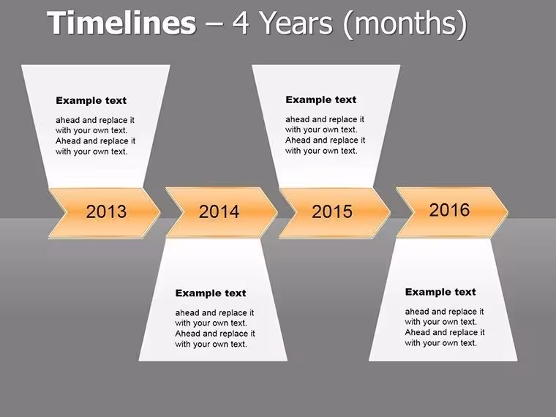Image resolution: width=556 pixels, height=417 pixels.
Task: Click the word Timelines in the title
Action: click(x=121, y=23)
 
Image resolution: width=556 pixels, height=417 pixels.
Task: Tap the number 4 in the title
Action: click(x=241, y=23)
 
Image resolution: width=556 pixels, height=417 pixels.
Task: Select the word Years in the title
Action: click(x=297, y=23)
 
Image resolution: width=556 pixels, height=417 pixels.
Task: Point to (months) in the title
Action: click(x=405, y=24)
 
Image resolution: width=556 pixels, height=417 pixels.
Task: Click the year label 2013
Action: click(x=106, y=211)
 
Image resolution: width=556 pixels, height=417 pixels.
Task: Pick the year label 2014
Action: click(x=219, y=211)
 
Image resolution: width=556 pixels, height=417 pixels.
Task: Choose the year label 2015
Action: click(x=332, y=211)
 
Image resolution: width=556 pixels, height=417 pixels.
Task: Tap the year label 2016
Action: click(x=449, y=210)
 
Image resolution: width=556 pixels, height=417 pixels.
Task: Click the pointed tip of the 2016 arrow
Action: click(x=508, y=212)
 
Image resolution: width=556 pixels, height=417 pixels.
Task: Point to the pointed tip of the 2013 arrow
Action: click(x=160, y=212)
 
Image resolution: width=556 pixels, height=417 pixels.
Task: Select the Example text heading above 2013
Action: click(x=91, y=101)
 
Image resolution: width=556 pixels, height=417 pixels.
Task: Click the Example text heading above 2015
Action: click(x=321, y=100)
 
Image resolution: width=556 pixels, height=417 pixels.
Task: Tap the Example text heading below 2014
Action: click(x=211, y=293)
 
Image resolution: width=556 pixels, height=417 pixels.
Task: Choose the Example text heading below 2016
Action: click(x=440, y=292)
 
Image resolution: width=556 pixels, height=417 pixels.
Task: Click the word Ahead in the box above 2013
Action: click(x=68, y=141)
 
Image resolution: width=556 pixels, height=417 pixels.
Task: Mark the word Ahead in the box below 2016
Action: click(x=417, y=333)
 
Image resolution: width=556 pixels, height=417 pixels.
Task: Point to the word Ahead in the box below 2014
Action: click(x=187, y=334)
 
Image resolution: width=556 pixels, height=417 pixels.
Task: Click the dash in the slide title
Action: click(x=214, y=25)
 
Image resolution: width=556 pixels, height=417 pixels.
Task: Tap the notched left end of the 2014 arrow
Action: click(x=183, y=212)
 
